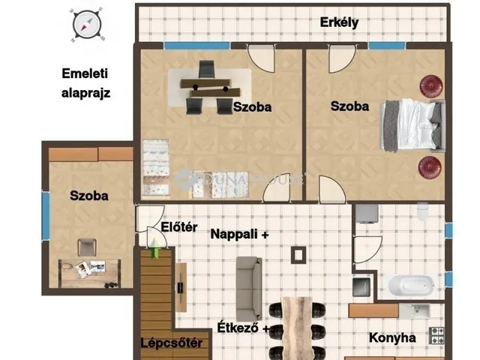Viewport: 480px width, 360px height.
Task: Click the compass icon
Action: tap(87, 25)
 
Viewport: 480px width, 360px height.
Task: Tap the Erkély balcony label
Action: tap(339, 22)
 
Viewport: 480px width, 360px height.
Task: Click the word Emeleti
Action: tap(85, 73)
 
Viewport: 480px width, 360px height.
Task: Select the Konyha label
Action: tap(392, 338)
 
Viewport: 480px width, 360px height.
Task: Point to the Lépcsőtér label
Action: tap(172, 343)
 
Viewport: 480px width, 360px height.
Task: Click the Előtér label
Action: tap(179, 227)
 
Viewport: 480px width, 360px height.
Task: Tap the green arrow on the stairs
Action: tap(155, 248)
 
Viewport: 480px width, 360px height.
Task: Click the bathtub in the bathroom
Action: tap(411, 285)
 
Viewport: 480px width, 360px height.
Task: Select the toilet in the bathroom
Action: tap(422, 211)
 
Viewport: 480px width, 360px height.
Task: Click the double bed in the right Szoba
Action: tap(412, 125)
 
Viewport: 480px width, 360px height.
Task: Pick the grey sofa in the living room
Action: tap(249, 288)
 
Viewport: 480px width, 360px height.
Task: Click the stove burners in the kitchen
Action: tap(436, 335)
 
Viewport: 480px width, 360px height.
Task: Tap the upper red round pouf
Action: tap(431, 87)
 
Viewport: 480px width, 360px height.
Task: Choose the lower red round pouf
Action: tap(430, 167)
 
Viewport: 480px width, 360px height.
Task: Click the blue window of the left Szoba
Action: tap(46, 215)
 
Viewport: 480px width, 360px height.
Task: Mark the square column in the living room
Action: tap(298, 255)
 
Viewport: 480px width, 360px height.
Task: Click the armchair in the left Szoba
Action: tap(87, 247)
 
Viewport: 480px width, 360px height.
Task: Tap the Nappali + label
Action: tap(240, 235)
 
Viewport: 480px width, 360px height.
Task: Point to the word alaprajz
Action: tap(85, 93)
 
